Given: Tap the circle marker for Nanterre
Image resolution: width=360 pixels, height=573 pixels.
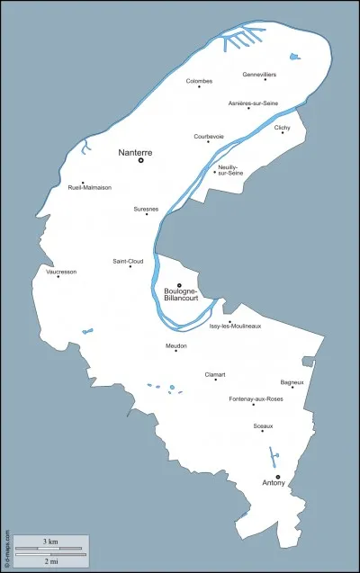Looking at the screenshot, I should coord(140,161).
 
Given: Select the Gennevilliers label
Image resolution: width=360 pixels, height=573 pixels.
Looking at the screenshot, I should coord(259,74).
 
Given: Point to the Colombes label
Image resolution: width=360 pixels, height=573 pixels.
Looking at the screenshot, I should coord(199,81).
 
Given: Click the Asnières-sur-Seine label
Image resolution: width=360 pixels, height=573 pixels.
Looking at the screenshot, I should coord(253,103).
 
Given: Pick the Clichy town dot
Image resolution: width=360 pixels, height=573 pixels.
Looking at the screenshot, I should coord(283,133).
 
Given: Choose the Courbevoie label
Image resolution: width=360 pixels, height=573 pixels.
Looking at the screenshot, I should coord(208,136).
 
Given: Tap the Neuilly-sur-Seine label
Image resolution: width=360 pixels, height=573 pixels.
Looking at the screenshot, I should coord(229,170).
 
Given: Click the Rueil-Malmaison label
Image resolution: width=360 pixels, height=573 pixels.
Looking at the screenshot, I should coord(90,188).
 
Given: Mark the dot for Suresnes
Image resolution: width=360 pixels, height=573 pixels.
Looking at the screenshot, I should coord(147,214).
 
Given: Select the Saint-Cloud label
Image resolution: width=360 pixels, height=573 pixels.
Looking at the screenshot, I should coord(128,261).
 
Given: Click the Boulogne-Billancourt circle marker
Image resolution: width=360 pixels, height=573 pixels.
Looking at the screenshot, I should coord(179,285).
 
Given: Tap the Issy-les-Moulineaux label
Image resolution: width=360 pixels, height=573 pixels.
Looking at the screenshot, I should coord(235,327).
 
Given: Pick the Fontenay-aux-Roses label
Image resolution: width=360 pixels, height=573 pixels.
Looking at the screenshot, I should coord(256,398).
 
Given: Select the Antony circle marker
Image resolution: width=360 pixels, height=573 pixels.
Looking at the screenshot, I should coord(277,477).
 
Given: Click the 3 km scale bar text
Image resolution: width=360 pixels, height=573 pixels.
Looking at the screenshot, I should coord(50,540).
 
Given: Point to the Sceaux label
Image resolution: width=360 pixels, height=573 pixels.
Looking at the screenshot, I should coord(263,425).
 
